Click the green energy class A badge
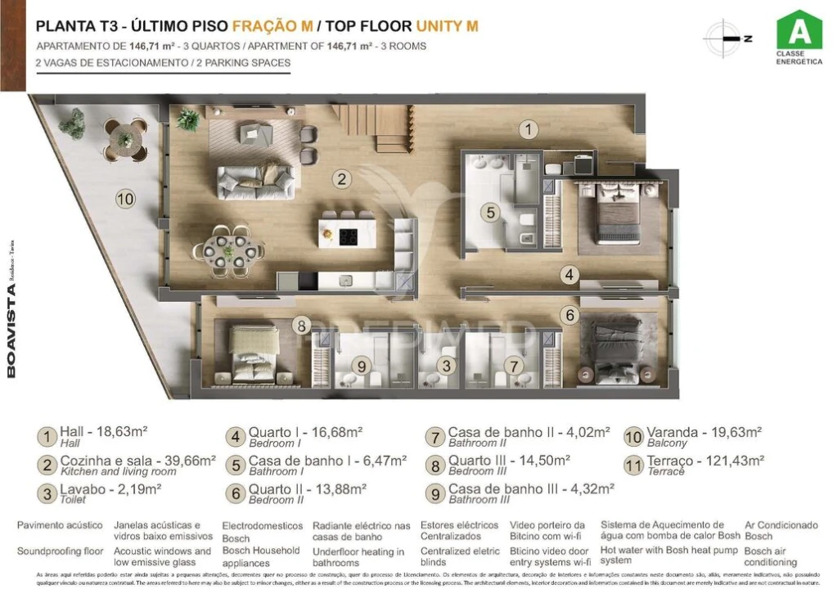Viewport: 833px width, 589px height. click(x=799, y=31)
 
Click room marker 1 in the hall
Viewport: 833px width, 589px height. click(x=529, y=129)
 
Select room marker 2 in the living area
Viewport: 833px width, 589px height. click(x=341, y=179)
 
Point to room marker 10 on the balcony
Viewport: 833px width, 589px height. click(x=124, y=197)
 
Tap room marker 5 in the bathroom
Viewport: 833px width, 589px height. click(x=489, y=213)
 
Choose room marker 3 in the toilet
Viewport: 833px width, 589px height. click(x=445, y=366)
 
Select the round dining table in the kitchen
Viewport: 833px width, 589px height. click(x=236, y=248)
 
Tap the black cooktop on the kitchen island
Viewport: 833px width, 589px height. click(x=349, y=236)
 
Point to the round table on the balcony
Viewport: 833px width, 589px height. click(x=125, y=138)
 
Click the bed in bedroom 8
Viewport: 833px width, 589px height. click(x=254, y=355)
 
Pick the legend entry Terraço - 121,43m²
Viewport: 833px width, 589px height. click(x=705, y=461)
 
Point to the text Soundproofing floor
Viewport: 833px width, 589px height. click(x=60, y=551)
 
